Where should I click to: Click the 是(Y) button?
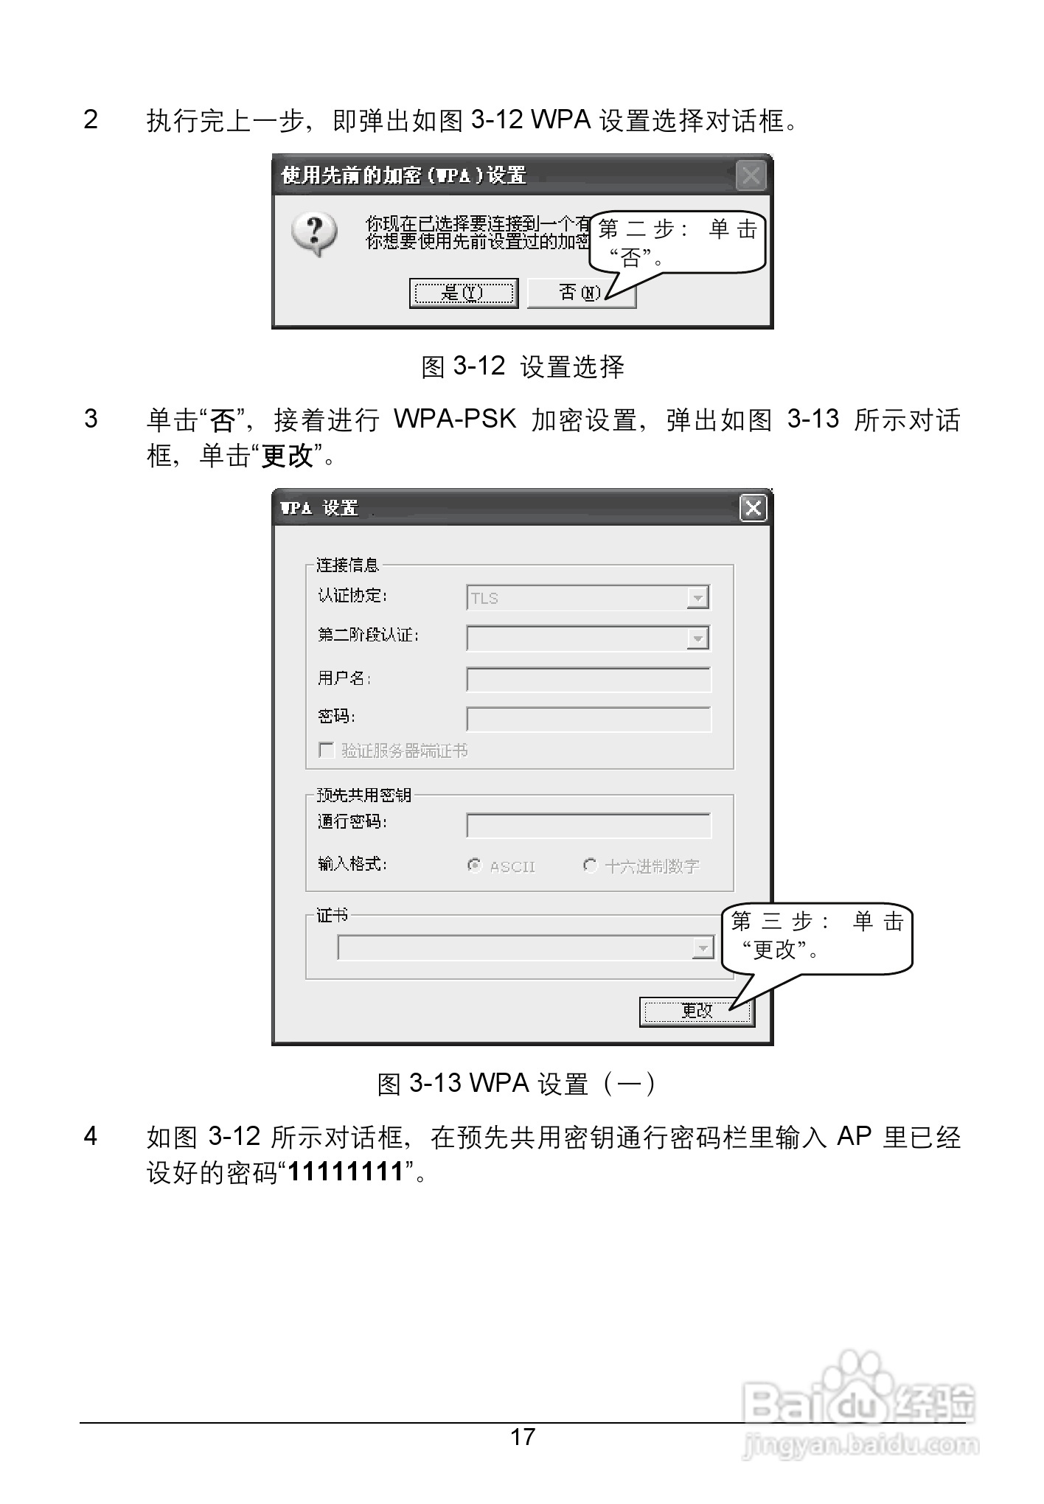[463, 293]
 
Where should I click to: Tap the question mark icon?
[315, 234]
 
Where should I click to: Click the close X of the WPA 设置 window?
[753, 508]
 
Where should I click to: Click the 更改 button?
[696, 1012]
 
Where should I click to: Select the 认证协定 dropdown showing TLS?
[587, 598]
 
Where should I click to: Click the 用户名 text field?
[588, 680]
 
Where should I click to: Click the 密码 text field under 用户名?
[588, 719]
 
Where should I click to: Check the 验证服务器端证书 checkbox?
[326, 751]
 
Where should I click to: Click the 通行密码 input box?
[588, 825]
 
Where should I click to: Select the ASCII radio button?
[475, 866]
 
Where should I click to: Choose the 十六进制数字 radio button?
[590, 866]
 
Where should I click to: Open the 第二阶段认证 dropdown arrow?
[697, 638]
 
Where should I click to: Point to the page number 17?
[523, 1436]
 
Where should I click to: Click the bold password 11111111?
[346, 1171]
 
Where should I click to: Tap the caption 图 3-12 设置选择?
[522, 366]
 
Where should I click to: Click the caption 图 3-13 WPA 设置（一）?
[516, 1084]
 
